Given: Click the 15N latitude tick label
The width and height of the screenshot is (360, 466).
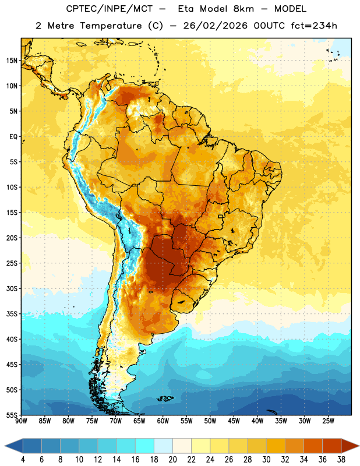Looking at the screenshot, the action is pyautogui.click(x=12, y=61).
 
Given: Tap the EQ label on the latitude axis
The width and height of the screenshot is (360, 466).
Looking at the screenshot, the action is pyautogui.click(x=13, y=137).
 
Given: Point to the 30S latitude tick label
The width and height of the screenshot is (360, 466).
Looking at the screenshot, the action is pyautogui.click(x=12, y=288).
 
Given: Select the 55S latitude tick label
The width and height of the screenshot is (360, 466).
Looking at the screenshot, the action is pyautogui.click(x=12, y=415).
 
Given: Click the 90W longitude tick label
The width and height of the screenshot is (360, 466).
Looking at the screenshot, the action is pyautogui.click(x=22, y=421).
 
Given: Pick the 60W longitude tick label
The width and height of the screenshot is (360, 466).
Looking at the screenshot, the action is pyautogui.click(x=163, y=421).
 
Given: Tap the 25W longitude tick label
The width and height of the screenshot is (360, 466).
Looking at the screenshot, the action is pyautogui.click(x=328, y=421).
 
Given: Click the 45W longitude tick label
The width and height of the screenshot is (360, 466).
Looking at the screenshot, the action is pyautogui.click(x=234, y=421).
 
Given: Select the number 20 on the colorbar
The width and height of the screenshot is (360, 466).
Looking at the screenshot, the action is pyautogui.click(x=172, y=460).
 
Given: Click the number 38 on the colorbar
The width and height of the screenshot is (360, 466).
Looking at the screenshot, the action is pyautogui.click(x=341, y=460).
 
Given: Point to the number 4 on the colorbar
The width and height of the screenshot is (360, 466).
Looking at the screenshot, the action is pyautogui.click(x=23, y=460).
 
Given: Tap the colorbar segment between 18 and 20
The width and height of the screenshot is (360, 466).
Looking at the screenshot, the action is pyautogui.click(x=164, y=446).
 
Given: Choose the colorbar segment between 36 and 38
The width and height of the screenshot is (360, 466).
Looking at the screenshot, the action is pyautogui.click(x=332, y=446).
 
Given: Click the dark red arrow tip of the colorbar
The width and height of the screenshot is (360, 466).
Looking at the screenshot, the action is pyautogui.click(x=358, y=446).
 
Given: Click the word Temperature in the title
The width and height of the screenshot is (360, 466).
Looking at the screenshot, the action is pyautogui.click(x=111, y=26).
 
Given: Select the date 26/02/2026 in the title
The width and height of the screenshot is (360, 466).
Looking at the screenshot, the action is pyautogui.click(x=215, y=26).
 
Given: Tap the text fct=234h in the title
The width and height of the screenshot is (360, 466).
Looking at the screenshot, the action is pyautogui.click(x=314, y=26).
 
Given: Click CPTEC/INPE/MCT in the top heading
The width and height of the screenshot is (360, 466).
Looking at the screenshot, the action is pyautogui.click(x=109, y=9).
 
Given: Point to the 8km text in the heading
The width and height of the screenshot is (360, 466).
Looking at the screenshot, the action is pyautogui.click(x=243, y=9).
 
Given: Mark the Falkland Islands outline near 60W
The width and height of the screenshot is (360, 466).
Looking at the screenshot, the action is pyautogui.click(x=165, y=398).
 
